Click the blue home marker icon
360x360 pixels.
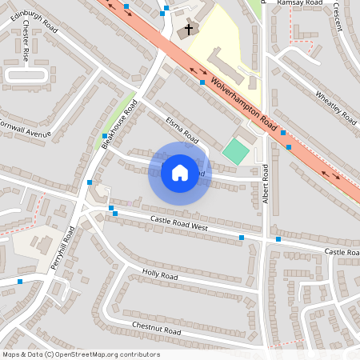[180, 173]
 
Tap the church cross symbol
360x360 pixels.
[189, 30]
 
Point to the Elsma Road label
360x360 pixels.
[182, 130]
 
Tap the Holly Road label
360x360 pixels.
[159, 275]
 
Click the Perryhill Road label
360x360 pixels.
[63, 248]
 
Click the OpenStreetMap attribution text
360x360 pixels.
[81, 354]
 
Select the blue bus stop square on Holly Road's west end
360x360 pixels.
[20, 281]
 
